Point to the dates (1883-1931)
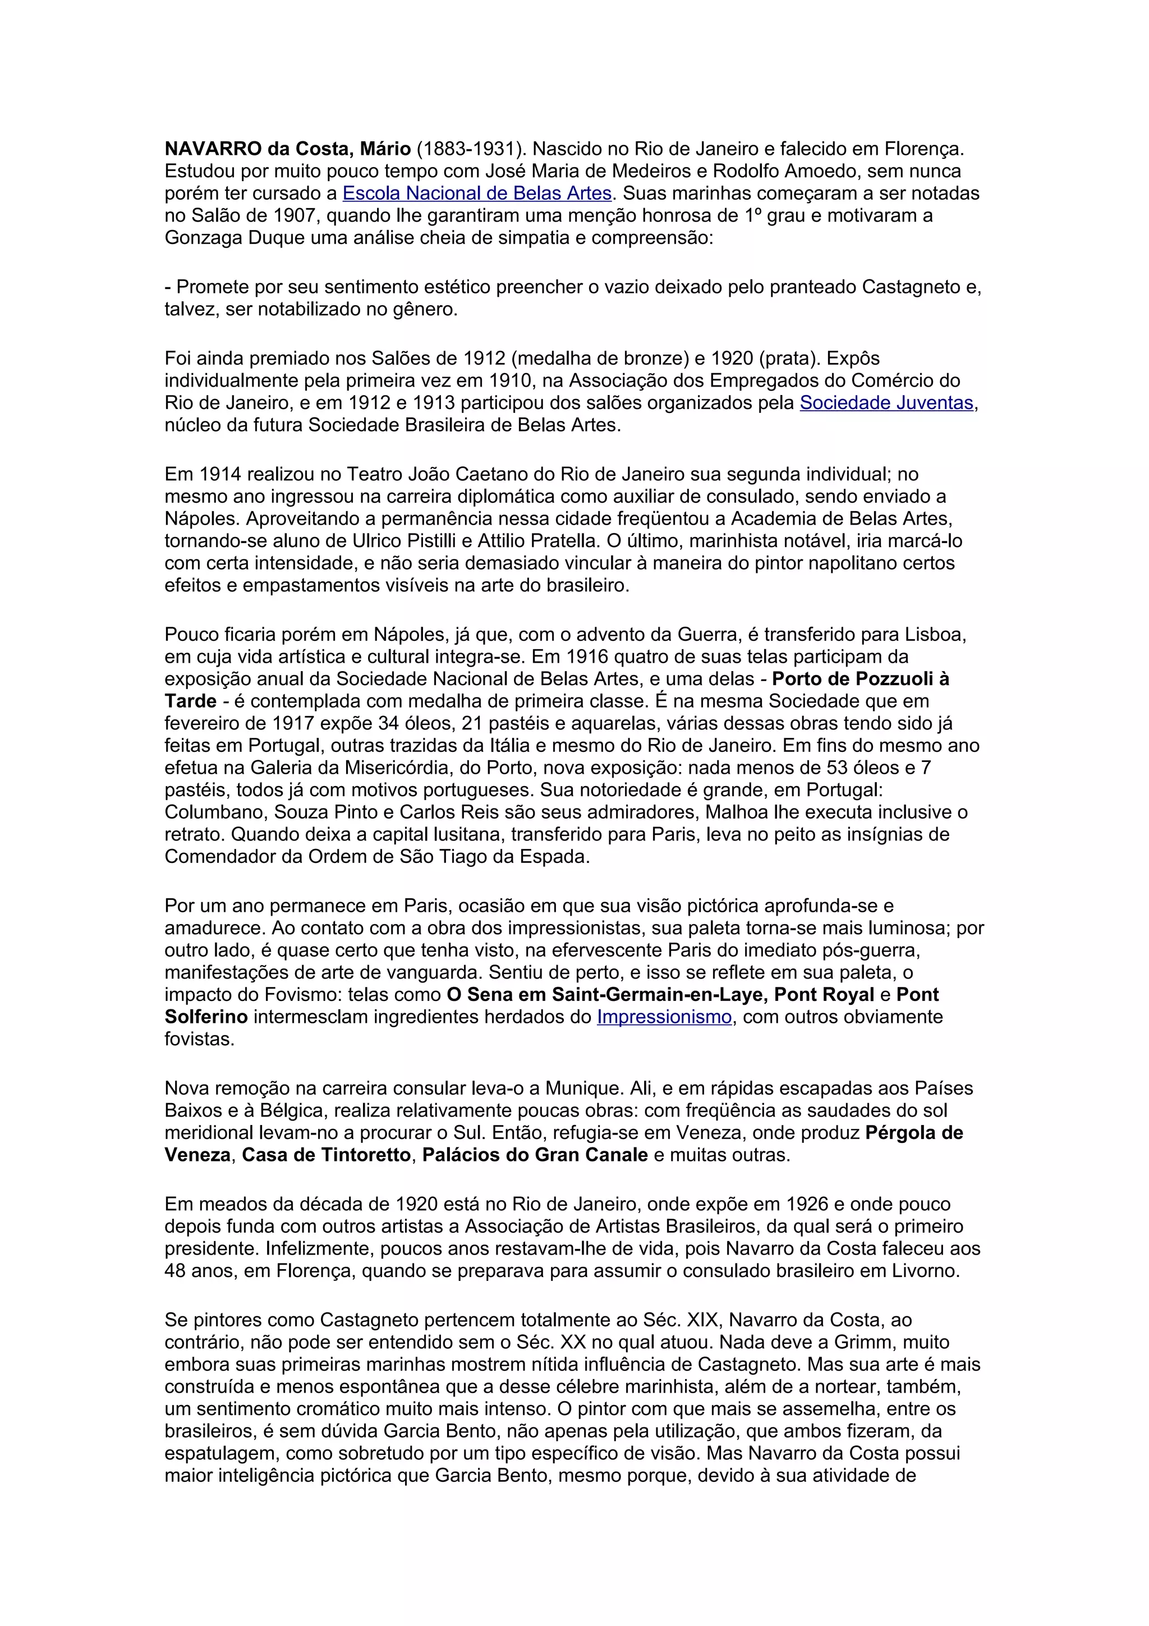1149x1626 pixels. click(x=471, y=149)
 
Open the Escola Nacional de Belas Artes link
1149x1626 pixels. click(x=476, y=194)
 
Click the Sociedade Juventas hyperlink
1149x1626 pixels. click(x=886, y=403)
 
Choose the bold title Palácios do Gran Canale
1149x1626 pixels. click(x=535, y=1155)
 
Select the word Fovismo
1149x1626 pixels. click(x=309, y=994)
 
